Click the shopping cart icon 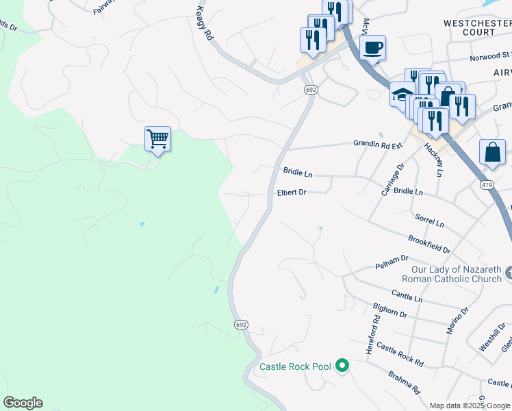(157, 140)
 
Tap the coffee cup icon (372, 48)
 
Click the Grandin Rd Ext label (378, 145)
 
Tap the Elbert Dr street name (291, 192)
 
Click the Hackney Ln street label (433, 160)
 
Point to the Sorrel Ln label (429, 220)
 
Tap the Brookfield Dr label (429, 242)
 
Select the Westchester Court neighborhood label (478, 27)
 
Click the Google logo (23, 403)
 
